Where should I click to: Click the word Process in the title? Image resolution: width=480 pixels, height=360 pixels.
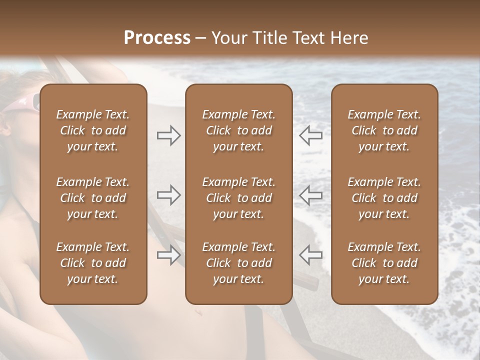click(x=157, y=38)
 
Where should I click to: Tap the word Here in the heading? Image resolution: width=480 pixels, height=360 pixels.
click(x=349, y=38)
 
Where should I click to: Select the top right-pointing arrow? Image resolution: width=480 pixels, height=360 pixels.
click(x=169, y=135)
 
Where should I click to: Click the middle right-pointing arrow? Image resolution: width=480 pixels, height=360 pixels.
click(x=169, y=195)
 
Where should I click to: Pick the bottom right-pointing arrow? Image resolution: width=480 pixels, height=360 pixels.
click(x=169, y=255)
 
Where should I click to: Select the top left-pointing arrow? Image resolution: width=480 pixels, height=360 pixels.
click(x=310, y=135)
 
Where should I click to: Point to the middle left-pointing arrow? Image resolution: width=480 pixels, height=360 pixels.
click(x=310, y=195)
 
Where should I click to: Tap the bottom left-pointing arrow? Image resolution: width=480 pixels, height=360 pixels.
click(x=310, y=255)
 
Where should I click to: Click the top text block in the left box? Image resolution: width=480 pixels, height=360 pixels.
click(x=93, y=130)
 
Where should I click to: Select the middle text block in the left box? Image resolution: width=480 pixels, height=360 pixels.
click(x=93, y=198)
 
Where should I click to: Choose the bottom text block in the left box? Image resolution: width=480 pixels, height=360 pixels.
click(x=93, y=263)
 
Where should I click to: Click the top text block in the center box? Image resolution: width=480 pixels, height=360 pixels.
click(x=238, y=130)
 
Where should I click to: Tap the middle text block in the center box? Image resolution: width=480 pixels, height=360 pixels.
click(x=238, y=198)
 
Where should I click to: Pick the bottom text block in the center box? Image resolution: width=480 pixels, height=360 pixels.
click(x=238, y=263)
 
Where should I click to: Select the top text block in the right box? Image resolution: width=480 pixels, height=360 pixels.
click(x=384, y=130)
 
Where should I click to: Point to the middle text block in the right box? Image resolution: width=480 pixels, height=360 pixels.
click(x=384, y=198)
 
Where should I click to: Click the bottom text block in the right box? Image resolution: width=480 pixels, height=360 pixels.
click(x=384, y=263)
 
